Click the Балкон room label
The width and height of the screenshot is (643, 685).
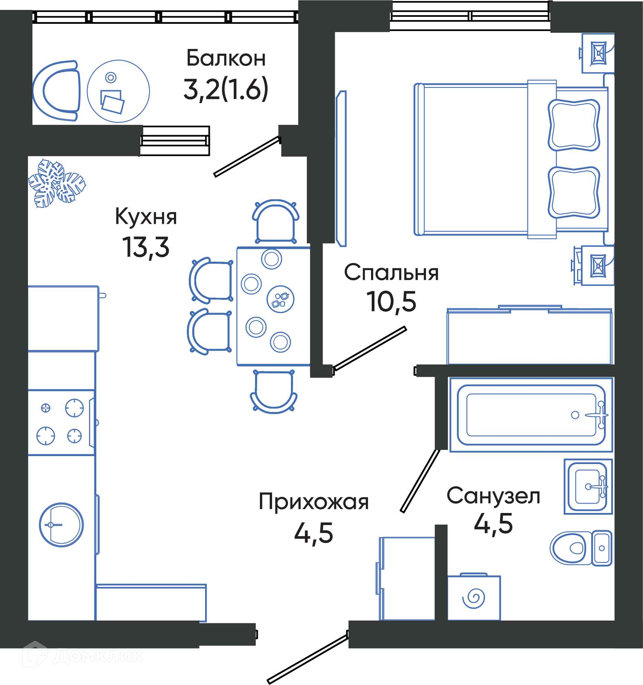pyautogui.click(x=226, y=58)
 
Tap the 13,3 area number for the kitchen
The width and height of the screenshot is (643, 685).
pyautogui.click(x=146, y=247)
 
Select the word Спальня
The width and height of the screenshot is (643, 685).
pyautogui.click(x=391, y=273)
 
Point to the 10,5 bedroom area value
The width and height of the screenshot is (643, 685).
pyautogui.click(x=391, y=301)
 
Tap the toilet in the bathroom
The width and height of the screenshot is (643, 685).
pyautogui.click(x=581, y=548)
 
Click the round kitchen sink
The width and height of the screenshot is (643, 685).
pyautogui.click(x=61, y=525)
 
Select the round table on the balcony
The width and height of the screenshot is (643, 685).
pyautogui.click(x=118, y=91)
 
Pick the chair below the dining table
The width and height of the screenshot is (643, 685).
pyautogui.click(x=273, y=392)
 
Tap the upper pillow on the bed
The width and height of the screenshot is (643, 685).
pyautogui.click(x=574, y=125)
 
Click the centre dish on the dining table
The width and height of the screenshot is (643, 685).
pyautogui.click(x=280, y=299)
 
